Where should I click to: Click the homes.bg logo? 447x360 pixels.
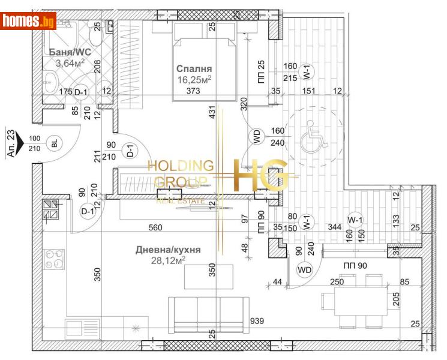coord(29,22)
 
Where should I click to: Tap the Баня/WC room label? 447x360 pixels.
coord(66,52)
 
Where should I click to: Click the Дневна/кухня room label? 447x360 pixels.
coord(168,250)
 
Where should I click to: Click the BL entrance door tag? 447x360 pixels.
coord(55,143)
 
